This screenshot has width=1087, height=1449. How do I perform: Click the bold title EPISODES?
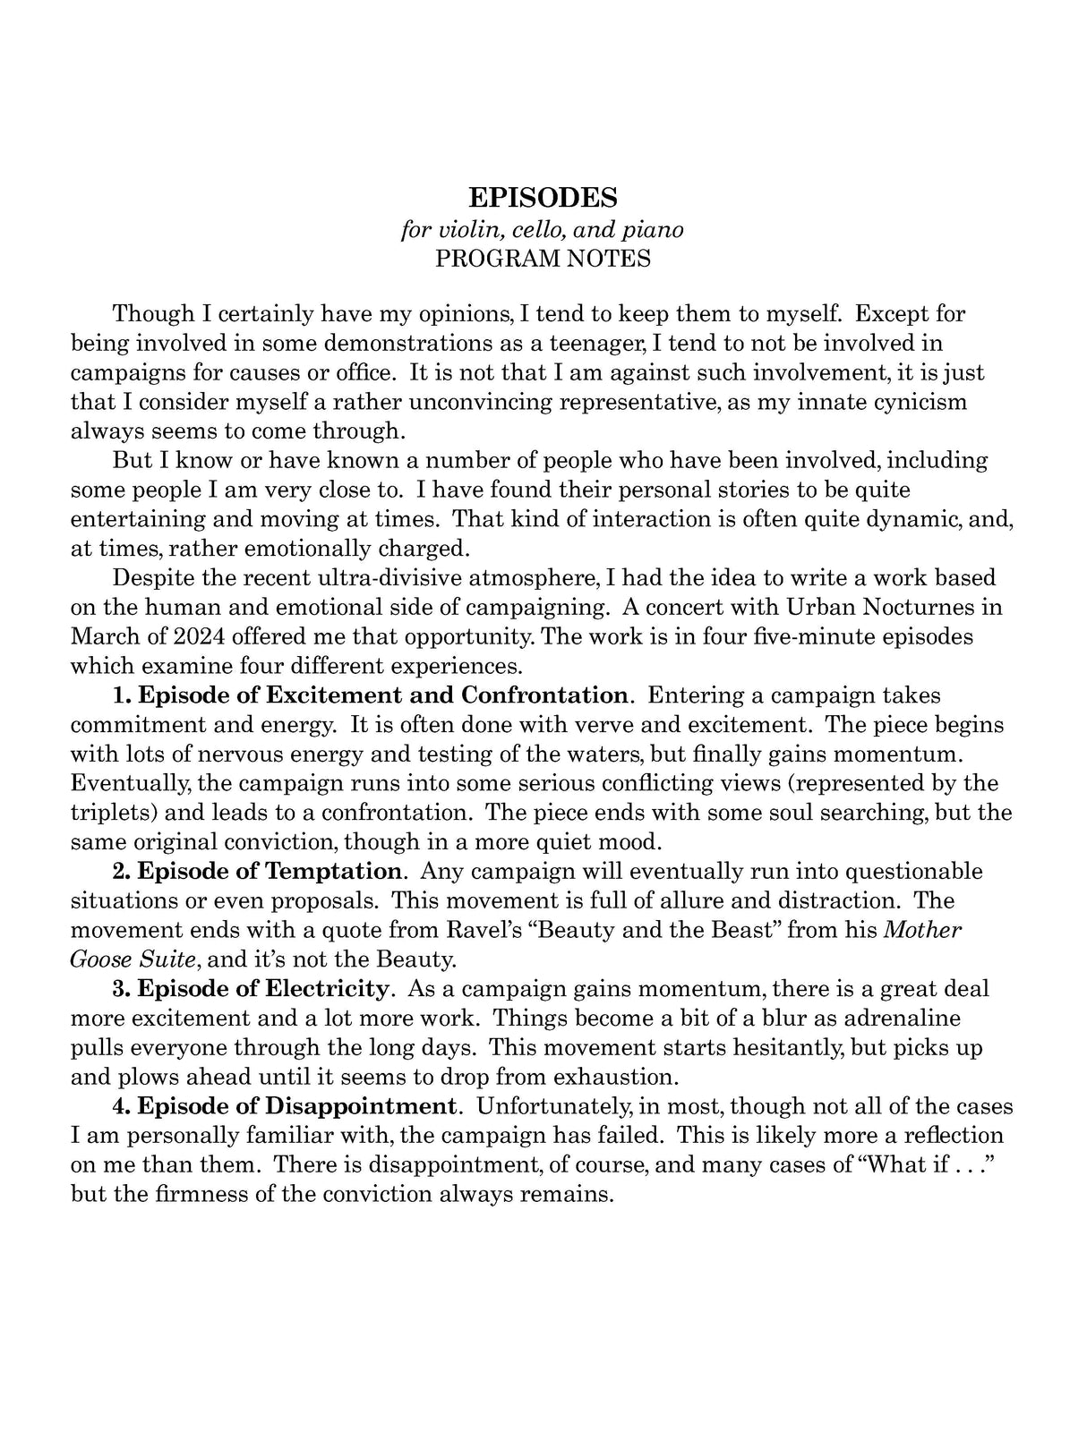click(x=543, y=197)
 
